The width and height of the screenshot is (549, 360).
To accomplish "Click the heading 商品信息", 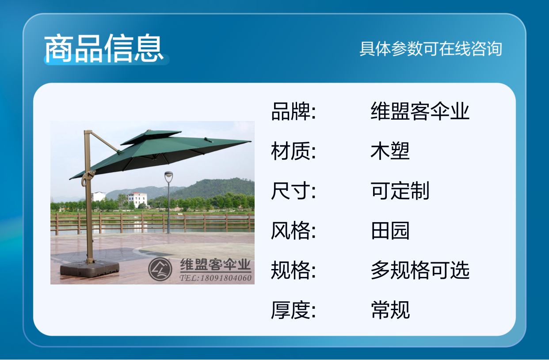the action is click(104, 48).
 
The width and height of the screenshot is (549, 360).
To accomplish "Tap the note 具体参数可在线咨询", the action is click(431, 49).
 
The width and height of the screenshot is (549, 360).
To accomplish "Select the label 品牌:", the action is click(294, 111).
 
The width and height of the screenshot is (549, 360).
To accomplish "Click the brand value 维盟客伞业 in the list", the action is click(420, 111).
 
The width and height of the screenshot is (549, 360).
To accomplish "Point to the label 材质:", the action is click(294, 151).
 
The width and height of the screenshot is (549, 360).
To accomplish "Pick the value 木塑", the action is click(390, 151).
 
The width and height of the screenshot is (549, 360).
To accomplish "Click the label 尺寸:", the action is click(294, 191).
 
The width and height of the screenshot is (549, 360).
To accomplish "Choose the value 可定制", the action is click(400, 191).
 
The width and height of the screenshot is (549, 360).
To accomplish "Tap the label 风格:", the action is click(294, 231).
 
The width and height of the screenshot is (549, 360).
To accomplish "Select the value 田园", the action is click(390, 231).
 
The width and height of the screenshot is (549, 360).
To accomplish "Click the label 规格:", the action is click(294, 270).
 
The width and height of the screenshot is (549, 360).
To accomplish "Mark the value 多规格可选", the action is click(420, 270).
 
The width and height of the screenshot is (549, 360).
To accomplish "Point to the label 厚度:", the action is click(294, 310).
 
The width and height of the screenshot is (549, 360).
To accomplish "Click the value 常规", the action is click(390, 310).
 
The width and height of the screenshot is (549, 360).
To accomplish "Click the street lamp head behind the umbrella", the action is click(168, 176).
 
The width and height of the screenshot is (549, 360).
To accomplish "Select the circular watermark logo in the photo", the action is click(160, 269).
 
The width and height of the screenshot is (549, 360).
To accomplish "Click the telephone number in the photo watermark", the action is click(216, 278).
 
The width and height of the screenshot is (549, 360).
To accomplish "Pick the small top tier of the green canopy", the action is click(151, 136).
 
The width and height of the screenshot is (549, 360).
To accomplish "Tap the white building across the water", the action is click(137, 199).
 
